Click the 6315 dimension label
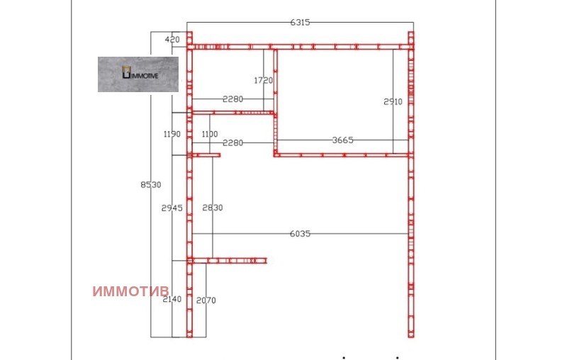click(x=300, y=23)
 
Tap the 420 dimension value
click(x=172, y=40)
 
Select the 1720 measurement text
click(x=263, y=80)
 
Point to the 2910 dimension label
click(x=393, y=102)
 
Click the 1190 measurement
click(x=172, y=134)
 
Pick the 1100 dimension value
click(x=210, y=134)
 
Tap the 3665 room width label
click(x=342, y=140)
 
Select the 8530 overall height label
click(x=151, y=185)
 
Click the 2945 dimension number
click(x=172, y=208)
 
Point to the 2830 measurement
click(x=213, y=208)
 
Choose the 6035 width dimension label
click(x=300, y=234)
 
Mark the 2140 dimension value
click(x=172, y=299)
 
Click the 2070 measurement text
click(x=206, y=300)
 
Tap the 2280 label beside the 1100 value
click(x=233, y=143)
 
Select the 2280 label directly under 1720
click(x=233, y=99)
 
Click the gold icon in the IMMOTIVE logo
click(x=126, y=72)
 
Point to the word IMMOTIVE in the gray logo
click(x=145, y=76)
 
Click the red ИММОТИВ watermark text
click(x=130, y=291)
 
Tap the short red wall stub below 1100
click(x=206, y=155)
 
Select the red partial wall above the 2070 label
click(x=229, y=261)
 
